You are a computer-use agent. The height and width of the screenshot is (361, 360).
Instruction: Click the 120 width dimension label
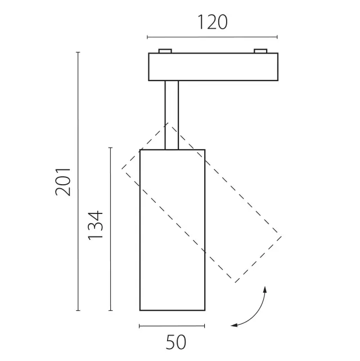pos(213,22)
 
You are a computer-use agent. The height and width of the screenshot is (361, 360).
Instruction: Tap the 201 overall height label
pos(63,182)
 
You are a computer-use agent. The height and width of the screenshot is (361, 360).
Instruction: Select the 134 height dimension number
pos(95,225)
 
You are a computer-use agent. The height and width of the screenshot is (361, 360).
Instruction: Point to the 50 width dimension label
pos(176,342)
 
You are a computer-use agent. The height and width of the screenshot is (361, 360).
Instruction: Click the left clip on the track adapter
pos(165,51)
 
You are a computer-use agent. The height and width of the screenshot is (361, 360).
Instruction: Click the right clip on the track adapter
pos(260,51)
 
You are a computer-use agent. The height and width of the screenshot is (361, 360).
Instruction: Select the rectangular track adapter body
pos(213,67)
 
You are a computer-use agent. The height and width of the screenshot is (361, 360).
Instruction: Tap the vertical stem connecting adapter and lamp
pos(172,115)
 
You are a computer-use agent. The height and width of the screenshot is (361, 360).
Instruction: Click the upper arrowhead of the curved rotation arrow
pos(265,289)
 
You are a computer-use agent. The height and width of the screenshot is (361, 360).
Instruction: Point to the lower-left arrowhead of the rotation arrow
pos(234,325)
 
